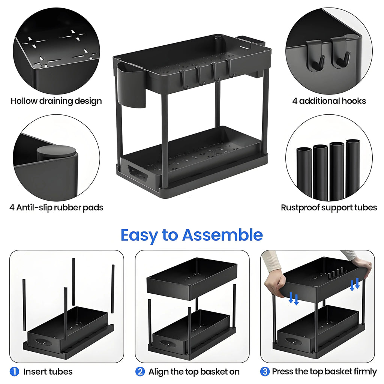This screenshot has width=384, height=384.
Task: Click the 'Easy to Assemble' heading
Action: [x=192, y=235]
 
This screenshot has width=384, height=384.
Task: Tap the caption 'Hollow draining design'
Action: [x=56, y=101]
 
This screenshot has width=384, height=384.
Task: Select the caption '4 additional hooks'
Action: [x=329, y=101]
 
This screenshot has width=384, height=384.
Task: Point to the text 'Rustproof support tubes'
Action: [x=329, y=207]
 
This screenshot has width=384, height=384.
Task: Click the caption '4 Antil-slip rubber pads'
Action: [x=56, y=207]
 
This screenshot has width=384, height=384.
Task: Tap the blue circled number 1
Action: [x=14, y=372]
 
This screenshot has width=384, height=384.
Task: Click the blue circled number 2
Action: [x=140, y=372]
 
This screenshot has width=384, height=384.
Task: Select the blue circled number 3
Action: [x=265, y=372]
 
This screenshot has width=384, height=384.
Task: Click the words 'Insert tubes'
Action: [x=48, y=372]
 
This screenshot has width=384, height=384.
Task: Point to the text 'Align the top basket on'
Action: [x=194, y=372]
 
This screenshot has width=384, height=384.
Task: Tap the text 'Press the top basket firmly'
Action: [x=324, y=372]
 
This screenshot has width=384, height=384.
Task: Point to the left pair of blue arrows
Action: [x=294, y=299]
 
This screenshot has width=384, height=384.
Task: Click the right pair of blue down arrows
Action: [x=355, y=284]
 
